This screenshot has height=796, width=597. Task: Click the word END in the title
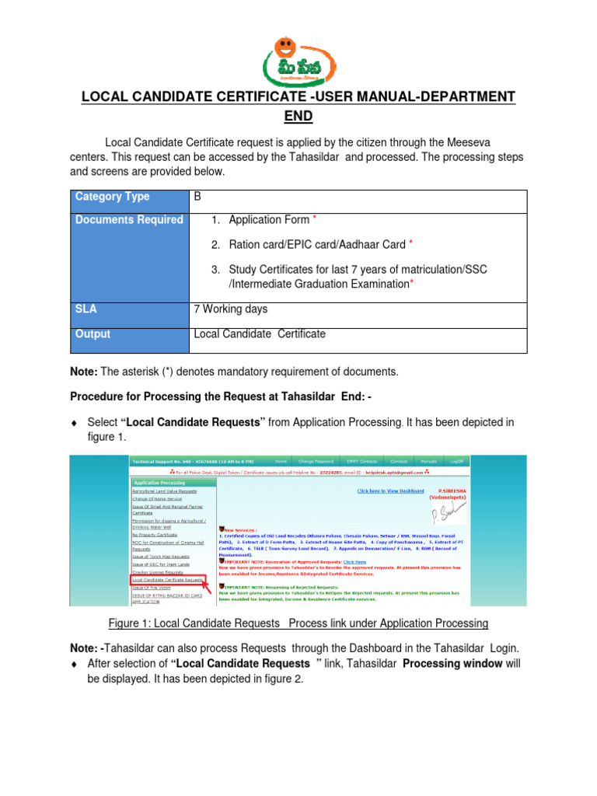tap(298, 116)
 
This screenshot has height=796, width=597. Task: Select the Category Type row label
tap(113, 197)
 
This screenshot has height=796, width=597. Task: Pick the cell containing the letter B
tap(197, 197)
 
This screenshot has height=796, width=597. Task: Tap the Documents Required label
tap(129, 220)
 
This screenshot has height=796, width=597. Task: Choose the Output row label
tap(93, 334)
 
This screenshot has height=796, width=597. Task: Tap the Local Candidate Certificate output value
tap(260, 334)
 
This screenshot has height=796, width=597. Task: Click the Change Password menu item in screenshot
tap(321, 461)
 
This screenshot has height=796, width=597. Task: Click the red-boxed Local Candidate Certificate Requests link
tap(168, 580)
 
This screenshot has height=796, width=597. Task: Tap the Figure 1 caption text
tap(298, 623)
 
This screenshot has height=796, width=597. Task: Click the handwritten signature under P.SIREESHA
tap(449, 510)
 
